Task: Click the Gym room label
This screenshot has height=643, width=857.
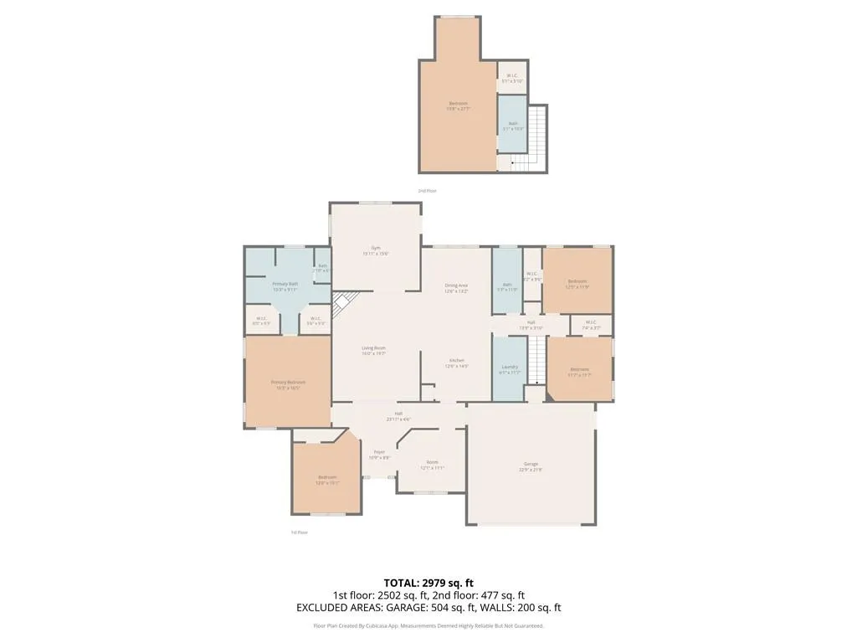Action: pos(376,248)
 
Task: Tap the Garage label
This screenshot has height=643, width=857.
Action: pos(531,464)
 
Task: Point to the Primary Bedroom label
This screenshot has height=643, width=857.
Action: pos(288,383)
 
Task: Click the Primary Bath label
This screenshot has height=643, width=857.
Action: pos(285,284)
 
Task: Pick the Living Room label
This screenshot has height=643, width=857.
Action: pos(373,347)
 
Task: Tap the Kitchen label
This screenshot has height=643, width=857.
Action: pos(456,360)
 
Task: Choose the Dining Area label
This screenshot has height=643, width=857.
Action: pos(456,285)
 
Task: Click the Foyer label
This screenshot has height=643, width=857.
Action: pos(379,452)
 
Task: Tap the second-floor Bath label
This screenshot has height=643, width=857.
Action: pos(512,124)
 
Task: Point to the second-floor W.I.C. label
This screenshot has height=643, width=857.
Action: pos(513,76)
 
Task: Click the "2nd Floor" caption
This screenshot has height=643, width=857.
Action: pos(427,191)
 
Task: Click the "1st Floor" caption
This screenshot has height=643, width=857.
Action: pos(299,532)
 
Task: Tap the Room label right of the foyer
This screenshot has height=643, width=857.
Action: pos(432,462)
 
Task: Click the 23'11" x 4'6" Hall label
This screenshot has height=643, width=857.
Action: pos(398,414)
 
